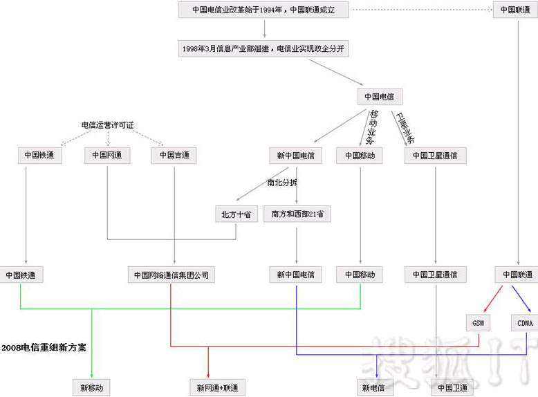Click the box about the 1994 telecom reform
coord(263,10)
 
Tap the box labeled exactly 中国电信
coord(380,97)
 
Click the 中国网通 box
coord(107,156)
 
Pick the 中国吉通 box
coord(174,156)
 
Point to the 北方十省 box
coord(236,214)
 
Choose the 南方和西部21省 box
coord(297,214)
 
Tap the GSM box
coord(479,323)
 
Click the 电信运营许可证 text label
coord(107,125)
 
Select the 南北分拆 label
coord(282,183)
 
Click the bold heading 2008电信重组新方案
coord(44,347)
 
